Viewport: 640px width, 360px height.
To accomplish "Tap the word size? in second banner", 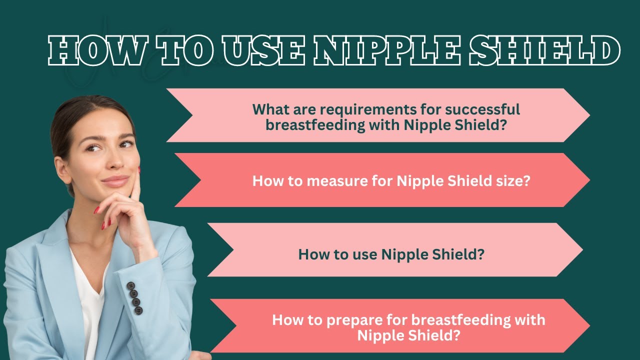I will click(512, 180).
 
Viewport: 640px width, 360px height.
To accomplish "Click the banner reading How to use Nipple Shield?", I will click(391, 254).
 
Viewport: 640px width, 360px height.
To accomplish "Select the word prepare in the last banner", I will click(351, 319).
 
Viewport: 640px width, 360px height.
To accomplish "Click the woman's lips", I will click(116, 179).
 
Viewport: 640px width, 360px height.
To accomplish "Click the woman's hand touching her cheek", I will click(127, 205).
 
